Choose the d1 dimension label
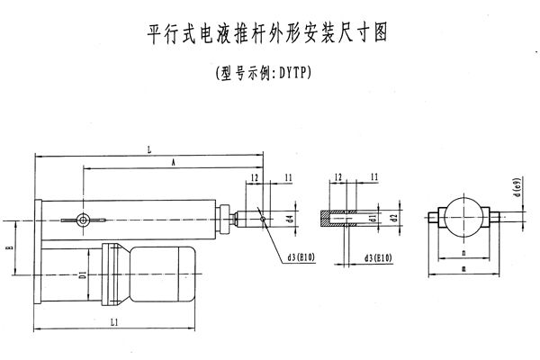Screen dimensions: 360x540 tap(372, 218)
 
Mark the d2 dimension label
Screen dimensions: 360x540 tap(394, 218)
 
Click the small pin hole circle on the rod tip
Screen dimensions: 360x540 tap(261, 216)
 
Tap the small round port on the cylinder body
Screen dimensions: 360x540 tap(83, 219)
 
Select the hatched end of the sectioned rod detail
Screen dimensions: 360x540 tap(328, 217)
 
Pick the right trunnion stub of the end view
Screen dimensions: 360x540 tap(496, 217)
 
